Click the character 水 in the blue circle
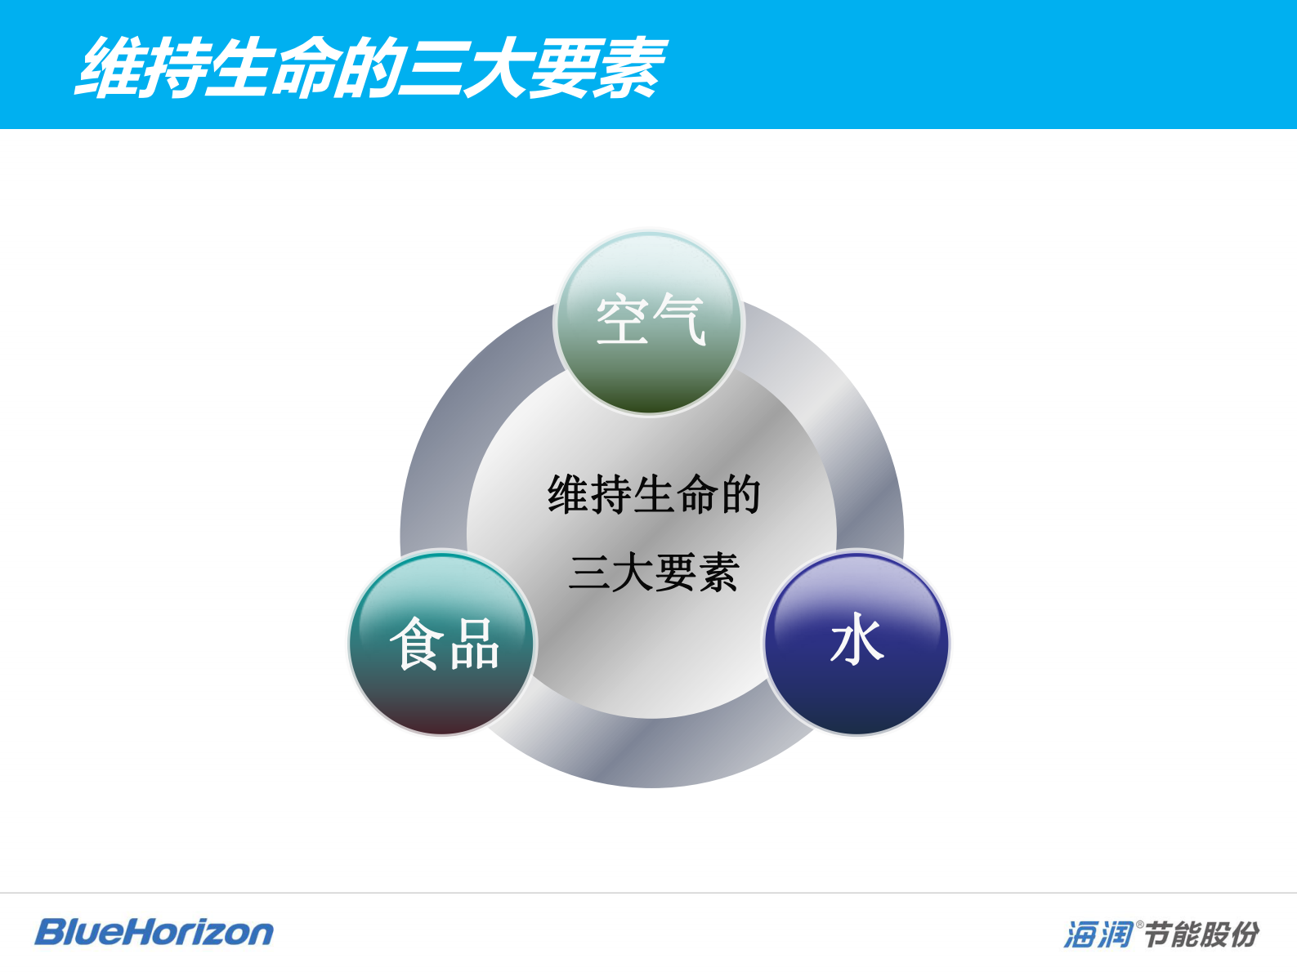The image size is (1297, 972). (856, 641)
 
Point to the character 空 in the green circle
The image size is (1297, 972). (623, 319)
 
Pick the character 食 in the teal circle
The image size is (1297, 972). (417, 644)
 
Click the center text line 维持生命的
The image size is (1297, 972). (654, 495)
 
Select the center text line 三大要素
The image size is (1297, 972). (654, 572)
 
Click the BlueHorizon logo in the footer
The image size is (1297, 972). (154, 932)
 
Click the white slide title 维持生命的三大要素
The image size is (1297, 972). (372, 68)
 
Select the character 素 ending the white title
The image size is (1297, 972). (629, 68)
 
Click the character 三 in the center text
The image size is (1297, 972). (589, 572)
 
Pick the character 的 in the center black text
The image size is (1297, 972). (740, 495)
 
